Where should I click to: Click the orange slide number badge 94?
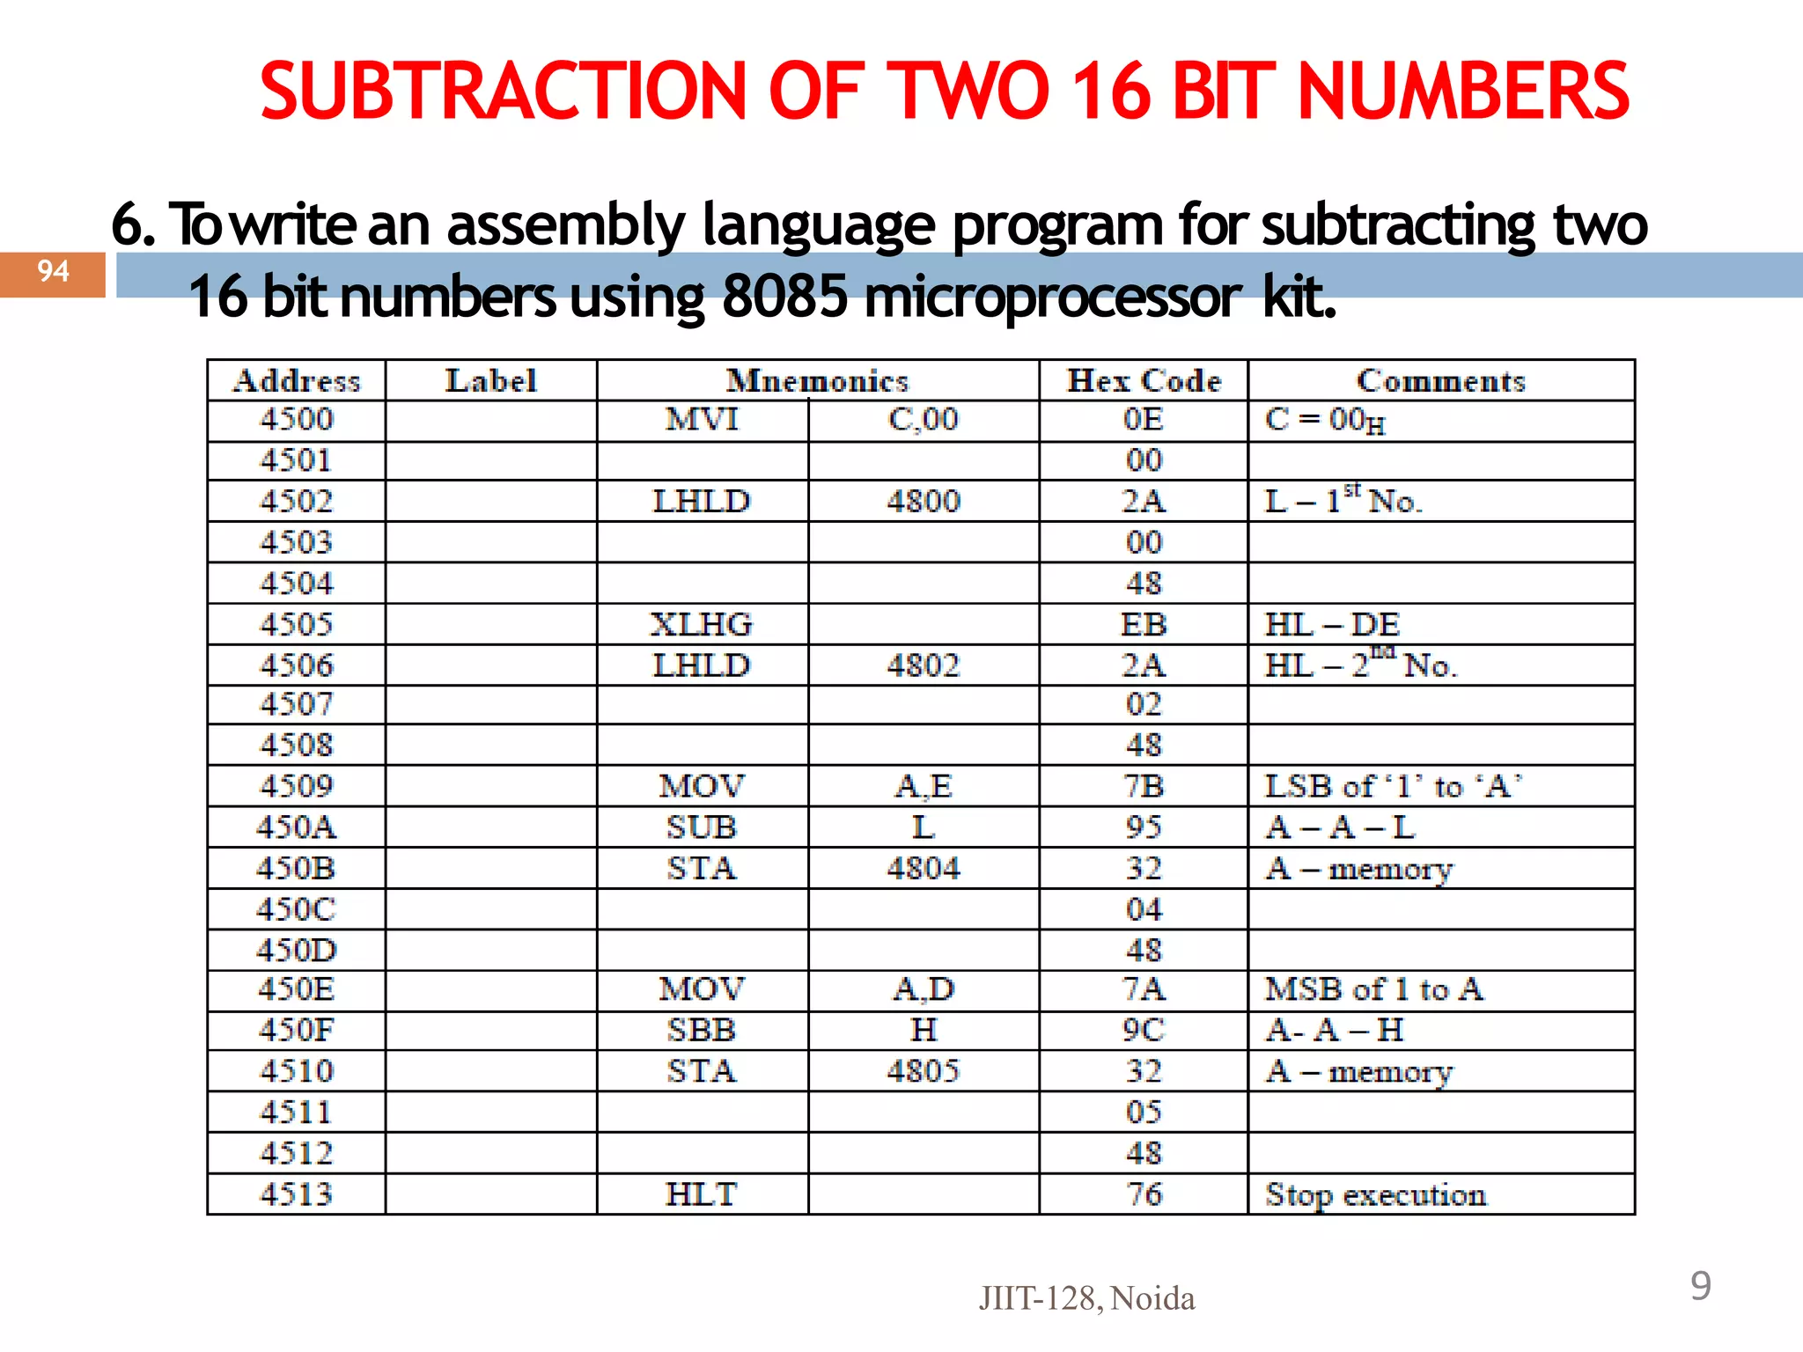tap(53, 274)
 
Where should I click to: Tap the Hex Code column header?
tap(1144, 381)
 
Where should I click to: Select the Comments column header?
tap(1441, 381)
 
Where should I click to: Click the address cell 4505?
tap(297, 625)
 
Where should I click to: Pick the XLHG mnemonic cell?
tap(702, 625)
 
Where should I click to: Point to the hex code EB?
tap(1144, 625)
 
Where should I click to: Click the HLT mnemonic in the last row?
tap(702, 1194)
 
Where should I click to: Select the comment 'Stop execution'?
tap(1376, 1194)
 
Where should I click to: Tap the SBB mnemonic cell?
tap(702, 1030)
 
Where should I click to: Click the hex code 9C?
tap(1144, 1030)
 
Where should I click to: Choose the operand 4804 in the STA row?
tap(923, 869)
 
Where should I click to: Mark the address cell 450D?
tap(297, 951)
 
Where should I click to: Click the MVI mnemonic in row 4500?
tap(702, 419)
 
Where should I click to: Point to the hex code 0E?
tap(1144, 419)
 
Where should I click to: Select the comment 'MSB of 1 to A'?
tap(1374, 989)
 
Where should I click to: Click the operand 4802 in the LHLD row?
tap(923, 665)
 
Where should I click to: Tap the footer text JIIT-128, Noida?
tap(1087, 1298)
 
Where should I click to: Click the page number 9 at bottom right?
tap(1701, 1286)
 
